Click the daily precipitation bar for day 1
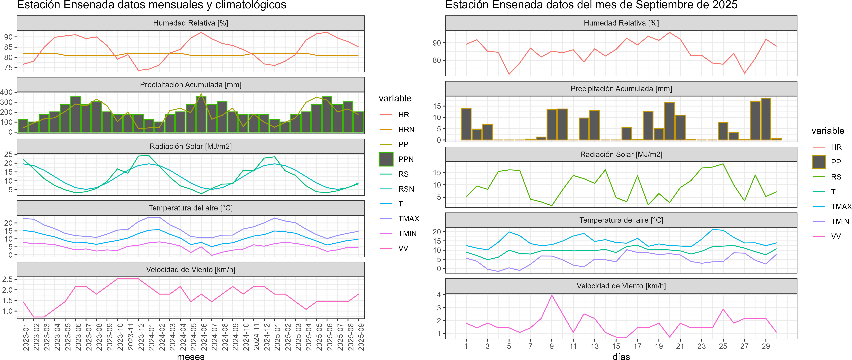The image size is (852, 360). click(x=466, y=124)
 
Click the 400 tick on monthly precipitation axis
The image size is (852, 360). click(x=7, y=92)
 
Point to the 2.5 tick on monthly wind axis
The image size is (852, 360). click(x=7, y=279)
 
